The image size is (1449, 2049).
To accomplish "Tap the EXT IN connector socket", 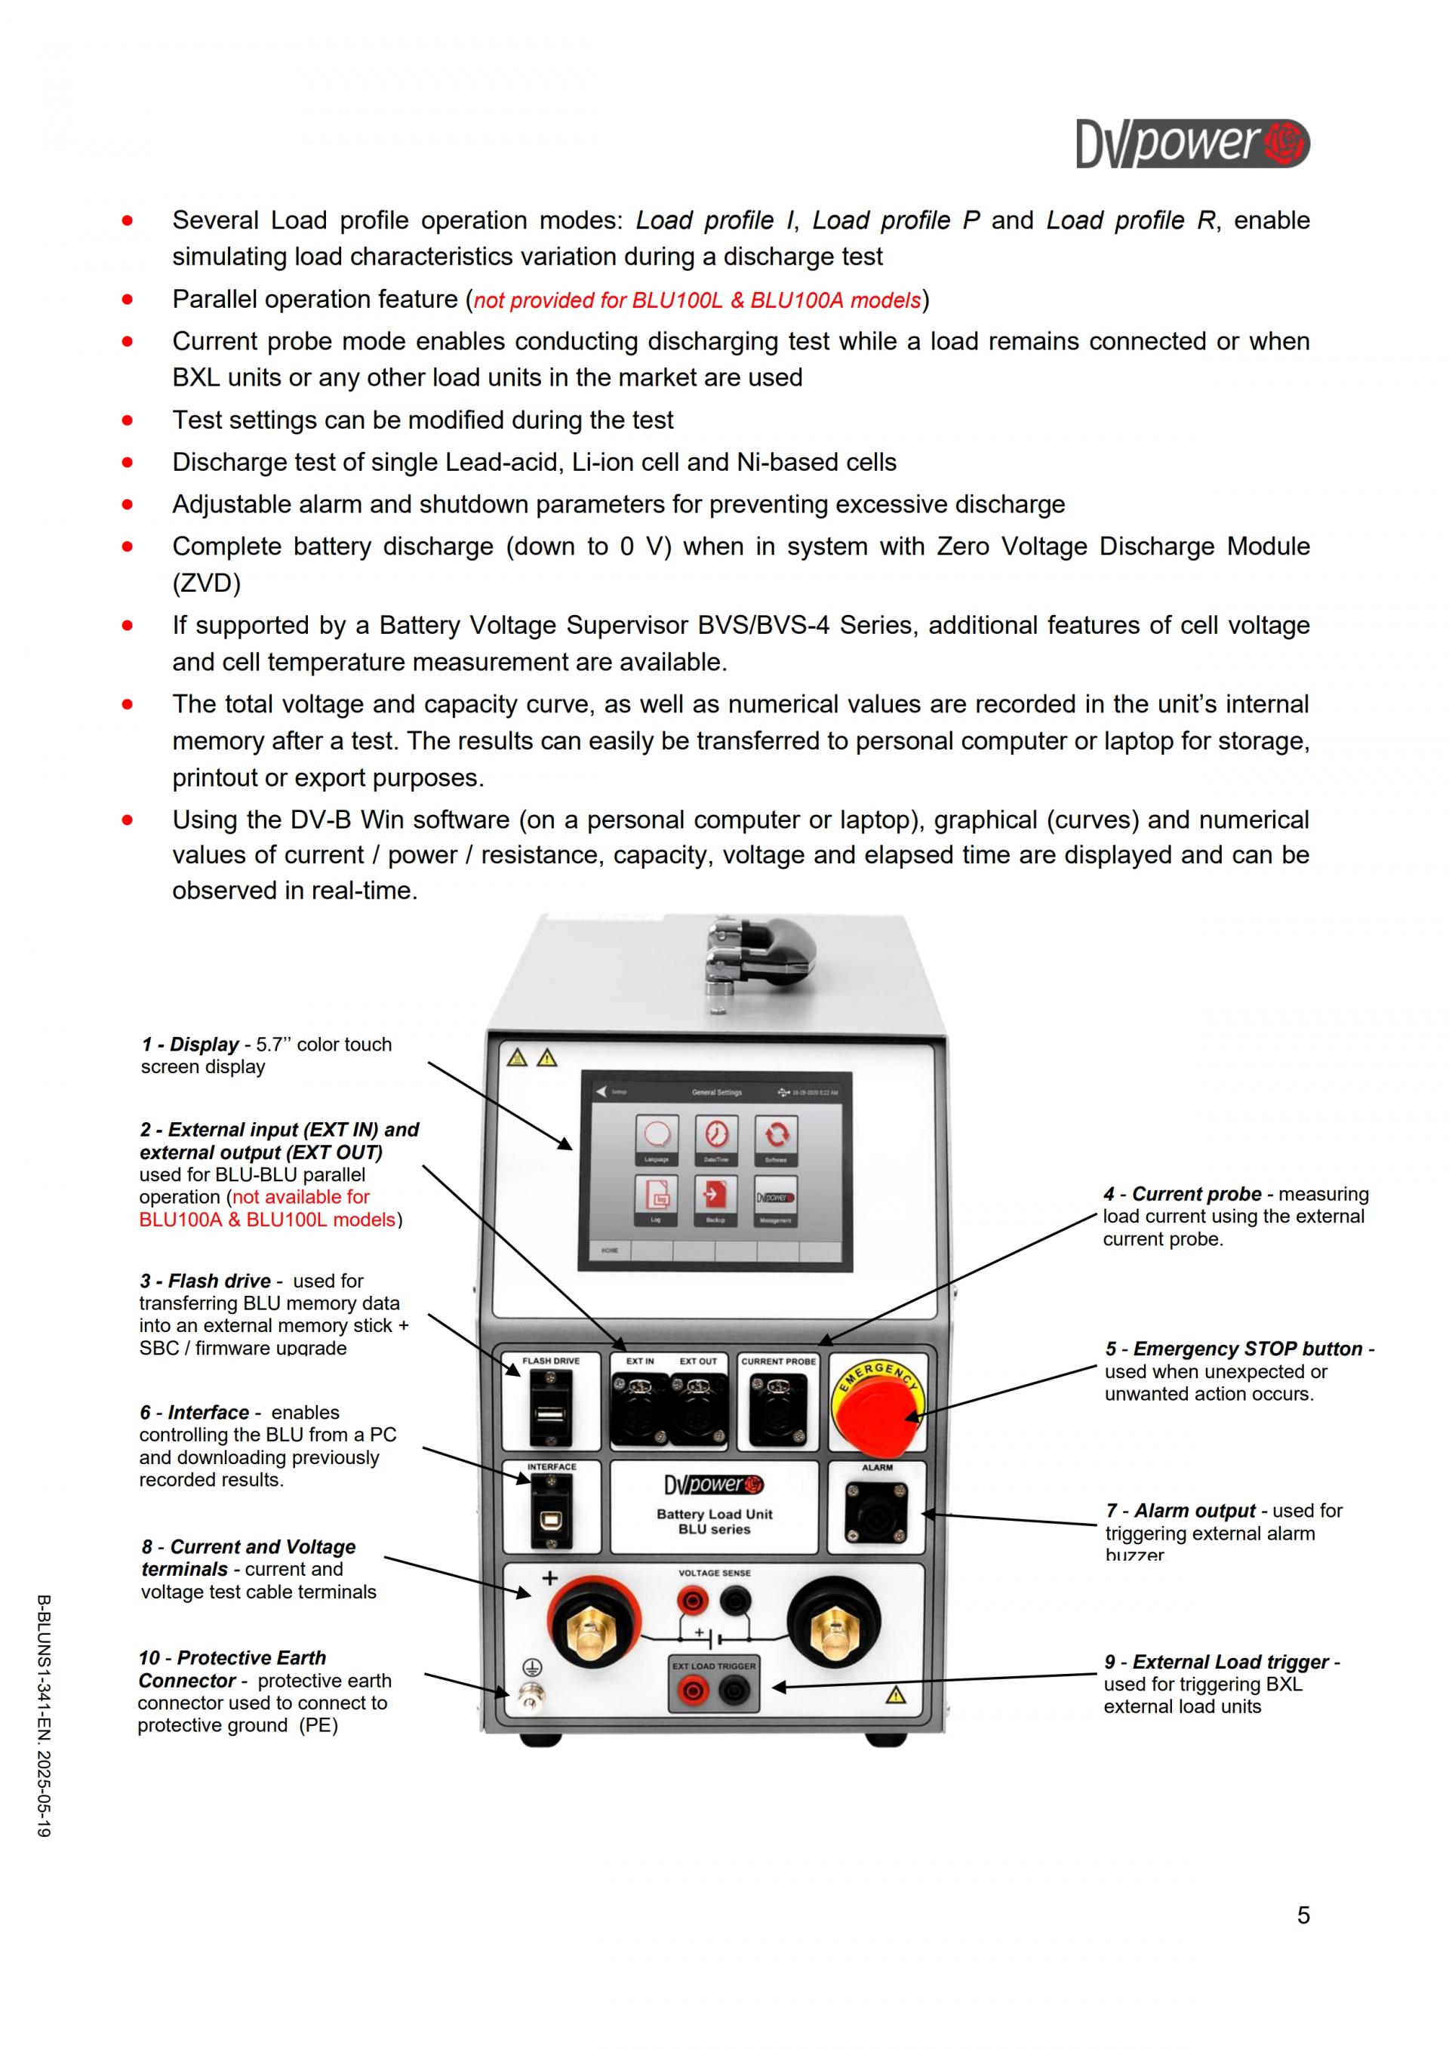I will click(x=639, y=1409).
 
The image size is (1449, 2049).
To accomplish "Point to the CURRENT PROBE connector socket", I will click(x=777, y=1409).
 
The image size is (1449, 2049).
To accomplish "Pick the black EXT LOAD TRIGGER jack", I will click(x=734, y=1689).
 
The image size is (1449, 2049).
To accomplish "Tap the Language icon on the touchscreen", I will click(x=657, y=1136).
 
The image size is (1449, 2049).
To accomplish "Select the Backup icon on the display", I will click(x=715, y=1196).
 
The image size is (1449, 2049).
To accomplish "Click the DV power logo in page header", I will click(x=1192, y=143).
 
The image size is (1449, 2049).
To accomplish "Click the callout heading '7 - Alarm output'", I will click(x=1180, y=1511).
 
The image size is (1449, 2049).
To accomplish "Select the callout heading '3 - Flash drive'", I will click(x=205, y=1281).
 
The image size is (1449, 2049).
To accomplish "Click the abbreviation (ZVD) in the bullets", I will click(x=206, y=583).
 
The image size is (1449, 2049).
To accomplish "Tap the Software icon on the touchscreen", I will click(x=775, y=1136).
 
